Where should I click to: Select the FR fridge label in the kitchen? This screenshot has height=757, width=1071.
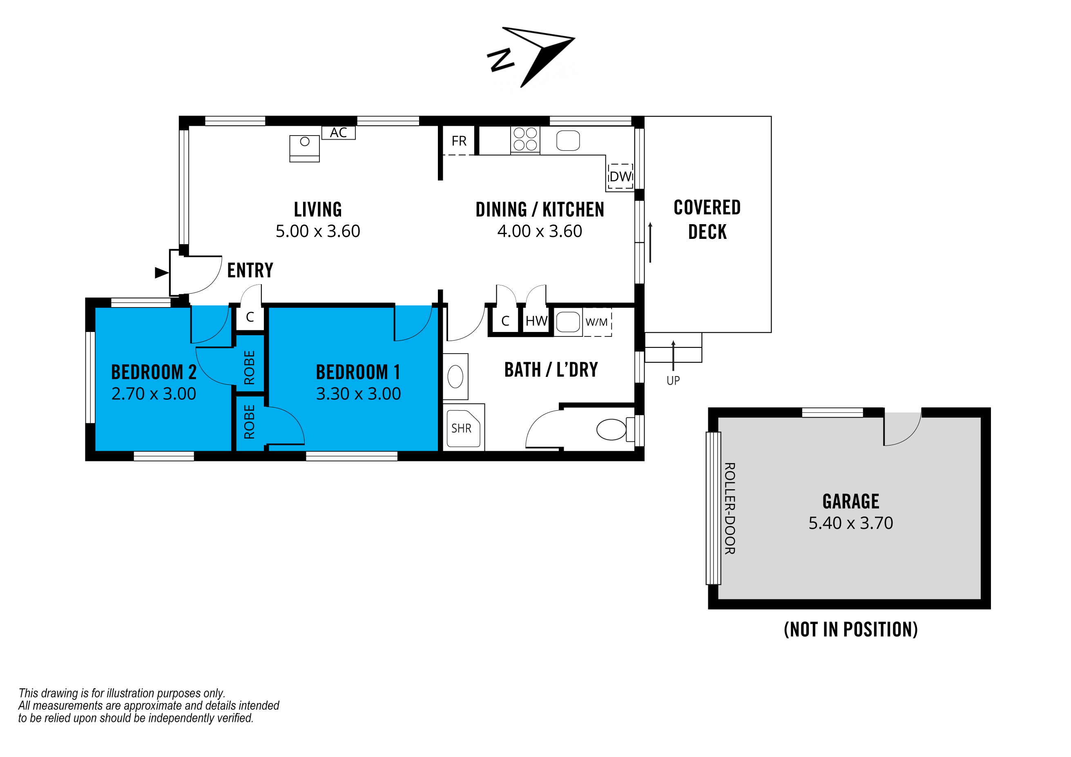coord(459,141)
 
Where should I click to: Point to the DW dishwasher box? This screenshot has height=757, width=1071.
coord(620,176)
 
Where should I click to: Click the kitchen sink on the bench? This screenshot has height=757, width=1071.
coord(568,140)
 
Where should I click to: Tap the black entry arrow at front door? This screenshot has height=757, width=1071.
coord(161,273)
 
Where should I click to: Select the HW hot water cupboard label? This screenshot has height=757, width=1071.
coord(536,321)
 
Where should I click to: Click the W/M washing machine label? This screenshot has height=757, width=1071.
coord(597,322)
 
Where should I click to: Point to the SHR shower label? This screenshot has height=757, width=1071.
coord(461,428)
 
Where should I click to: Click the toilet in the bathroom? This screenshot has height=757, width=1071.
coord(611,429)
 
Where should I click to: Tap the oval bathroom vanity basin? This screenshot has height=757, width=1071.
coord(455,376)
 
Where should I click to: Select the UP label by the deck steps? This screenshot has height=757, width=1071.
coord(673,381)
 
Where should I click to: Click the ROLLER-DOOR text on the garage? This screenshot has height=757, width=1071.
coord(730,508)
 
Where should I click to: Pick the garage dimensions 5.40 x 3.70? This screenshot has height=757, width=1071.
coord(851,523)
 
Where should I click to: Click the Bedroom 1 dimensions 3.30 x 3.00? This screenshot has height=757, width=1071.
coord(358,394)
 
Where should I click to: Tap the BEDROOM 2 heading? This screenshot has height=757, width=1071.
coord(154,372)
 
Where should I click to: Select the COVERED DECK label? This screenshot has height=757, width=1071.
coord(707,220)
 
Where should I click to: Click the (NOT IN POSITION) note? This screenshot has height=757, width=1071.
coord(851,629)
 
